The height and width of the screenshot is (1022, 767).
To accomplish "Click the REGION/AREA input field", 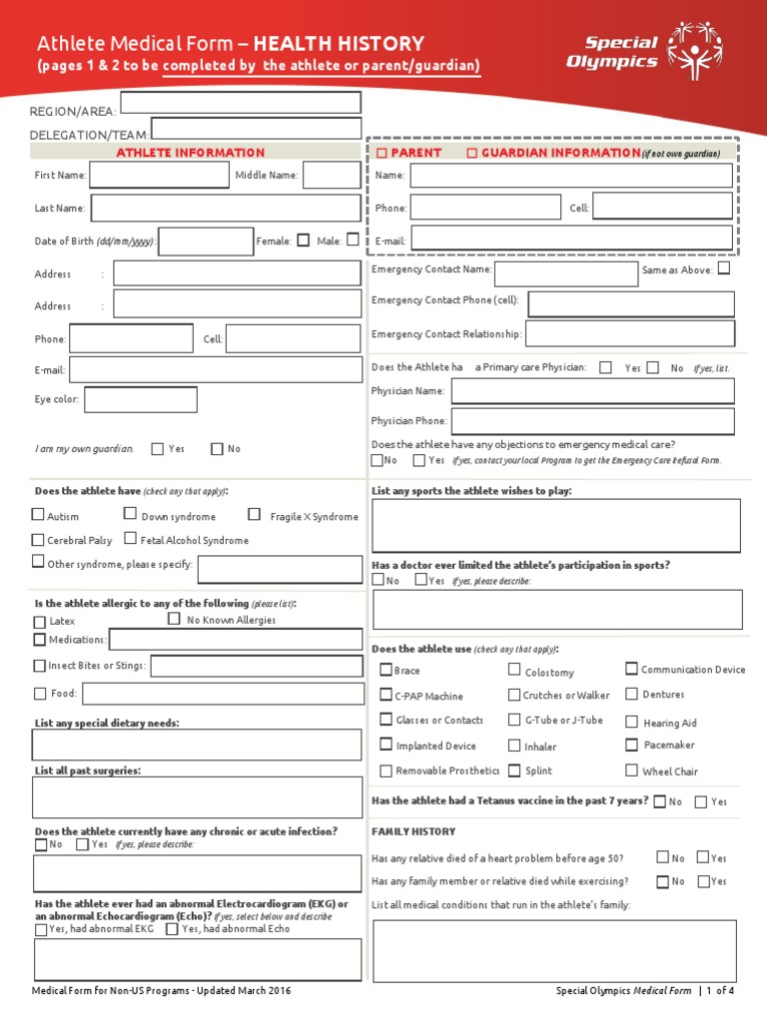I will click(x=241, y=103).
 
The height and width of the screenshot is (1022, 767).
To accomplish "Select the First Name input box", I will click(x=160, y=176).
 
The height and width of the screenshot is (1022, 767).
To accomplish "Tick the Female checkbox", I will click(x=304, y=240).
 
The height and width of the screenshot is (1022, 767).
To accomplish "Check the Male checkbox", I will click(x=353, y=240).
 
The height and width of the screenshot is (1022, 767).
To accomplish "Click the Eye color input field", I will click(x=141, y=400).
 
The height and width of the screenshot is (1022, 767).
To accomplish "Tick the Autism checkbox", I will click(x=38, y=515).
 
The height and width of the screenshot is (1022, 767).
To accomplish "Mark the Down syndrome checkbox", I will click(x=130, y=514).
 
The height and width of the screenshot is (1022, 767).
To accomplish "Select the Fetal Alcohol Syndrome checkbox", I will click(x=131, y=539).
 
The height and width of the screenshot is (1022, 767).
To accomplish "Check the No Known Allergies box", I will click(x=175, y=619).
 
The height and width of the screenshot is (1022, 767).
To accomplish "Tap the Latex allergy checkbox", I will click(x=40, y=622).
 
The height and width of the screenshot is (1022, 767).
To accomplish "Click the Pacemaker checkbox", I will click(x=632, y=745).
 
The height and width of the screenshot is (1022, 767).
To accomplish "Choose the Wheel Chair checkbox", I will click(x=632, y=770).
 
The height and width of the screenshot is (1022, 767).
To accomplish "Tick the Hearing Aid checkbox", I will click(x=632, y=722).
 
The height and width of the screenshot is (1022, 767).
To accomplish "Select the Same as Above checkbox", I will click(x=724, y=268).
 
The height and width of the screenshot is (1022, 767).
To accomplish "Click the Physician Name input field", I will click(x=592, y=391).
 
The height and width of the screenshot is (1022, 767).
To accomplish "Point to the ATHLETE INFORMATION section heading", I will click(x=191, y=153).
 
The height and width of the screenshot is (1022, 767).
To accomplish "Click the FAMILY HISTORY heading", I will click(x=413, y=831).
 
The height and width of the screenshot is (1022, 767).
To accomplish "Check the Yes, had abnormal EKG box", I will click(x=40, y=929).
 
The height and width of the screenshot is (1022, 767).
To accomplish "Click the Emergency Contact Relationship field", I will click(x=629, y=333).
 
